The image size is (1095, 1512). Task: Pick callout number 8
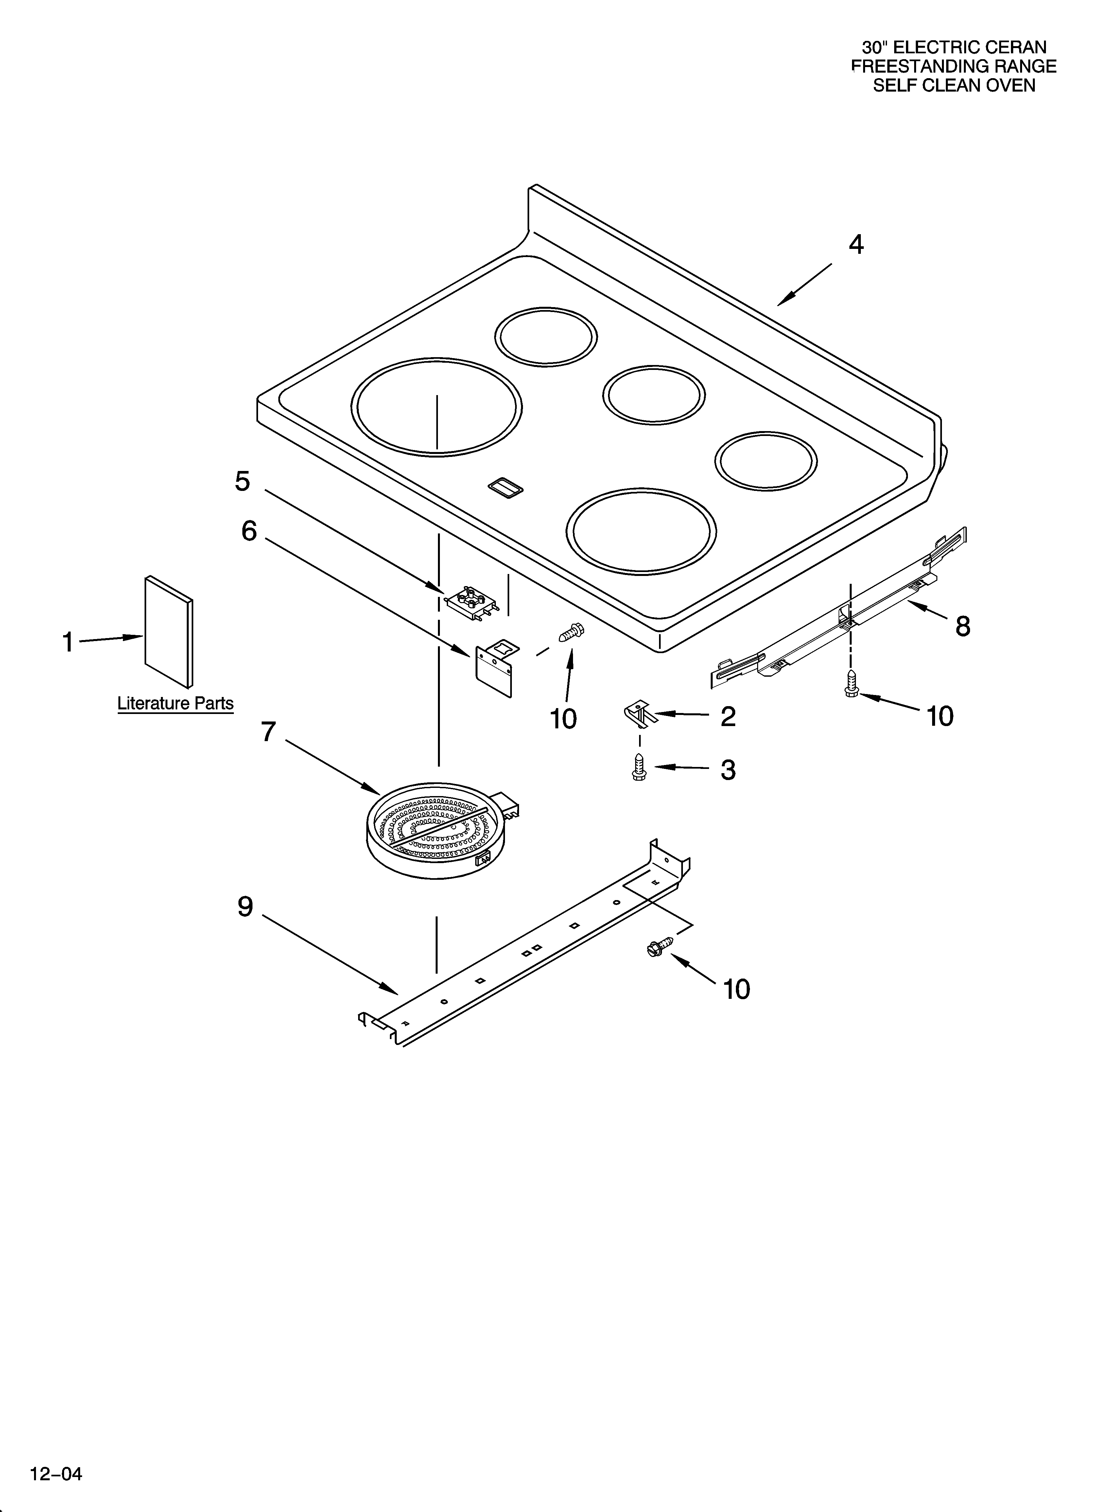coord(962,626)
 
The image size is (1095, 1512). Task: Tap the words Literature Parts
coord(175,703)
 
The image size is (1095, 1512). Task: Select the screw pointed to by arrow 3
coord(638,767)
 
